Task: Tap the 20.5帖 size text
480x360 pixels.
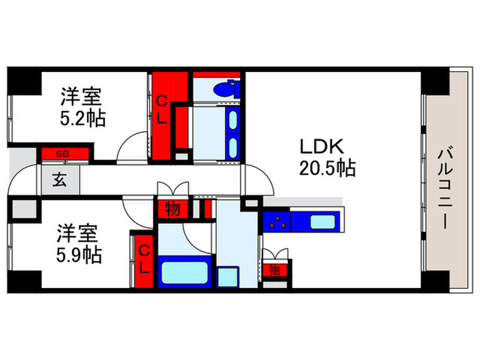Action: click(326, 168)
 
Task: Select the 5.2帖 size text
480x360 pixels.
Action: click(82, 119)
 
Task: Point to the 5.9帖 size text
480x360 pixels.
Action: click(79, 255)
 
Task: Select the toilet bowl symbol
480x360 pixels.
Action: click(224, 89)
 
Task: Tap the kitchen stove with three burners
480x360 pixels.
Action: click(276, 221)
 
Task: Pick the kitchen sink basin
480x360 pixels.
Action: click(320, 221)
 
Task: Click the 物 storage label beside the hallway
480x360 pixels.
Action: click(172, 208)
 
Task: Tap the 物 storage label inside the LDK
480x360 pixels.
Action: click(275, 270)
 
